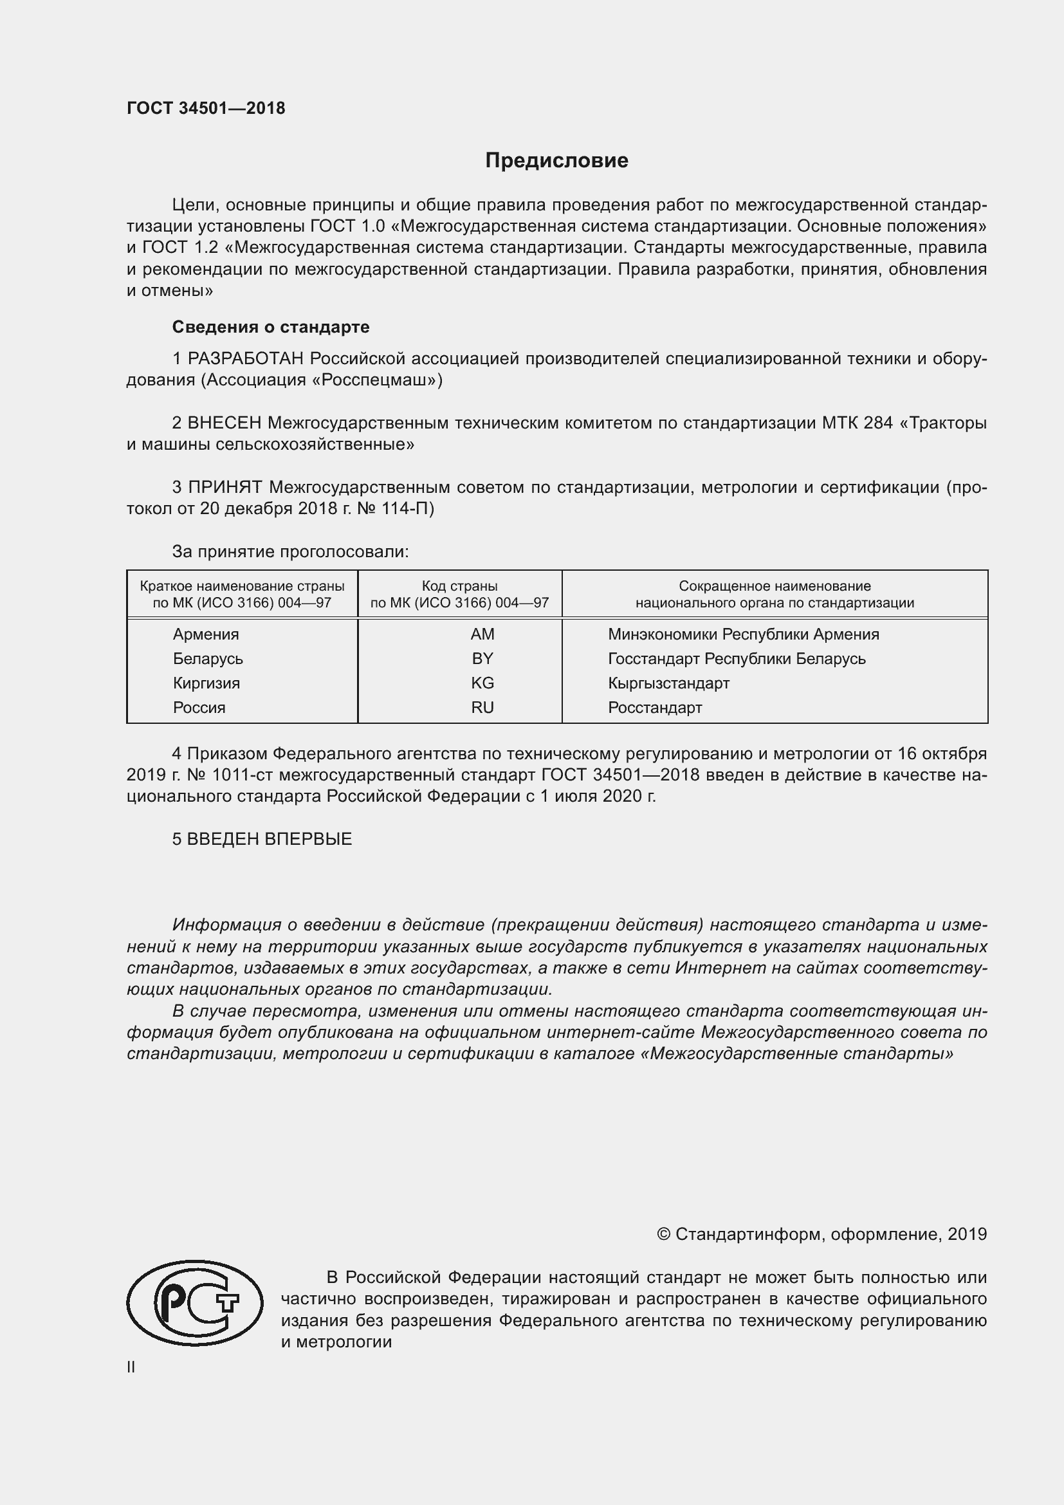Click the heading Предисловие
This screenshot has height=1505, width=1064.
pyautogui.click(x=556, y=161)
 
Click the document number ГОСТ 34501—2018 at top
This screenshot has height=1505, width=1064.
pyautogui.click(x=206, y=108)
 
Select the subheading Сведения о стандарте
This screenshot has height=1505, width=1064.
pyautogui.click(x=271, y=326)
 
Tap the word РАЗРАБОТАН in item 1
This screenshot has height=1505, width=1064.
pyautogui.click(x=246, y=358)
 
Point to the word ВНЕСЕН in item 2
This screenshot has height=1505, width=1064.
pyautogui.click(x=224, y=423)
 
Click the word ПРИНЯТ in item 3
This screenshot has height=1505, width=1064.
pyautogui.click(x=225, y=487)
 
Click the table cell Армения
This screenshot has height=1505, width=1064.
pyautogui.click(x=206, y=634)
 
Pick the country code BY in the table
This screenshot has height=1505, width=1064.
pyautogui.click(x=482, y=658)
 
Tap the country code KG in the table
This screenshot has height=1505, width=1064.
pyautogui.click(x=482, y=683)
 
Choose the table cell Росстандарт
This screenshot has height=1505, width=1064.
pyautogui.click(x=654, y=707)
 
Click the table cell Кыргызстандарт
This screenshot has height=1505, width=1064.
pyautogui.click(x=668, y=683)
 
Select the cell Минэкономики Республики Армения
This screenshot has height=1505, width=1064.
pyautogui.click(x=743, y=634)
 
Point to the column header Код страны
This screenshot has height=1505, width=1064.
pyautogui.click(x=459, y=586)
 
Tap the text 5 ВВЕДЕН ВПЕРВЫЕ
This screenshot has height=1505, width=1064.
pyautogui.click(x=262, y=839)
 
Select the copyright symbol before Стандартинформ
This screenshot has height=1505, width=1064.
pyautogui.click(x=663, y=1234)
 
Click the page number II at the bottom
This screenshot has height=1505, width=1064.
pyautogui.click(x=131, y=1367)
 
